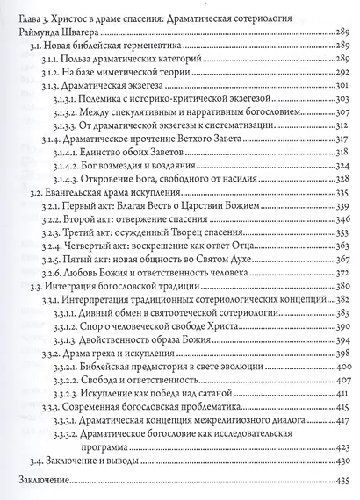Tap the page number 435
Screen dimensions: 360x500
point(339,482)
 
